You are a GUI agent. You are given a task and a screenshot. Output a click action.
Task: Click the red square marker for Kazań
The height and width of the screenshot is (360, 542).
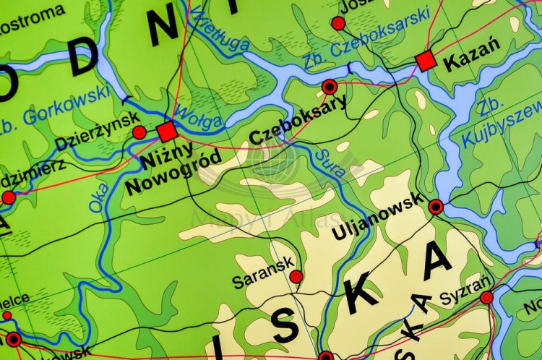point(426,61)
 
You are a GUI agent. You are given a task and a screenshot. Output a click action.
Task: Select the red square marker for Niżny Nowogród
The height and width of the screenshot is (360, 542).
point(167,132)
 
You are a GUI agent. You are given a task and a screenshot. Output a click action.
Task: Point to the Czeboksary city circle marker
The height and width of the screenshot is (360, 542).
point(330,87)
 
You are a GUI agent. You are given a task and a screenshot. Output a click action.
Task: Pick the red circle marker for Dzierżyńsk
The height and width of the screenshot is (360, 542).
point(139,132)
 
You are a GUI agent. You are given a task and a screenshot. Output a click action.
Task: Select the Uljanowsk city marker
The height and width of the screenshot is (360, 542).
point(436,207)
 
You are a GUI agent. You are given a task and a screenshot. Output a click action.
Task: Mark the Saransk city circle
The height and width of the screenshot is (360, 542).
point(296,276)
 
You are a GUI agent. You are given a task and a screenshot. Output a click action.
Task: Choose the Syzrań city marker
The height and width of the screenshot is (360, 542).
point(486,296)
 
